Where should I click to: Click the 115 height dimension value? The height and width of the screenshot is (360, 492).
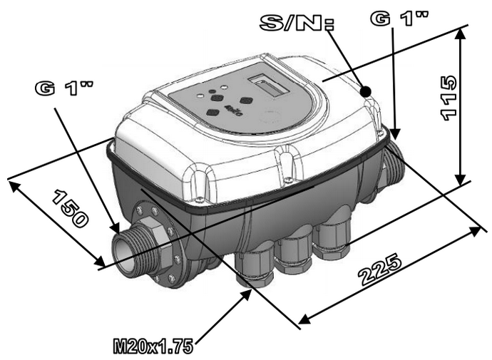[449, 98]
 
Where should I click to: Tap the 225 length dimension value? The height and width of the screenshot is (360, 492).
[380, 269]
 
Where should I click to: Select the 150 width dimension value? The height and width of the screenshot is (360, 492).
[69, 208]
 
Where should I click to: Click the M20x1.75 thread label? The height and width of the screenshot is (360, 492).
[153, 346]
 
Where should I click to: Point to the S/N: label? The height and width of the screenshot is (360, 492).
[297, 23]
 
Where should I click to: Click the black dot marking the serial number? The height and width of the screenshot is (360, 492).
[365, 91]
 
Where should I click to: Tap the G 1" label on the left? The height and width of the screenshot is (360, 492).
[63, 88]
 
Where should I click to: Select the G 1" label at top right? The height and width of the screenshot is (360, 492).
[399, 19]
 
